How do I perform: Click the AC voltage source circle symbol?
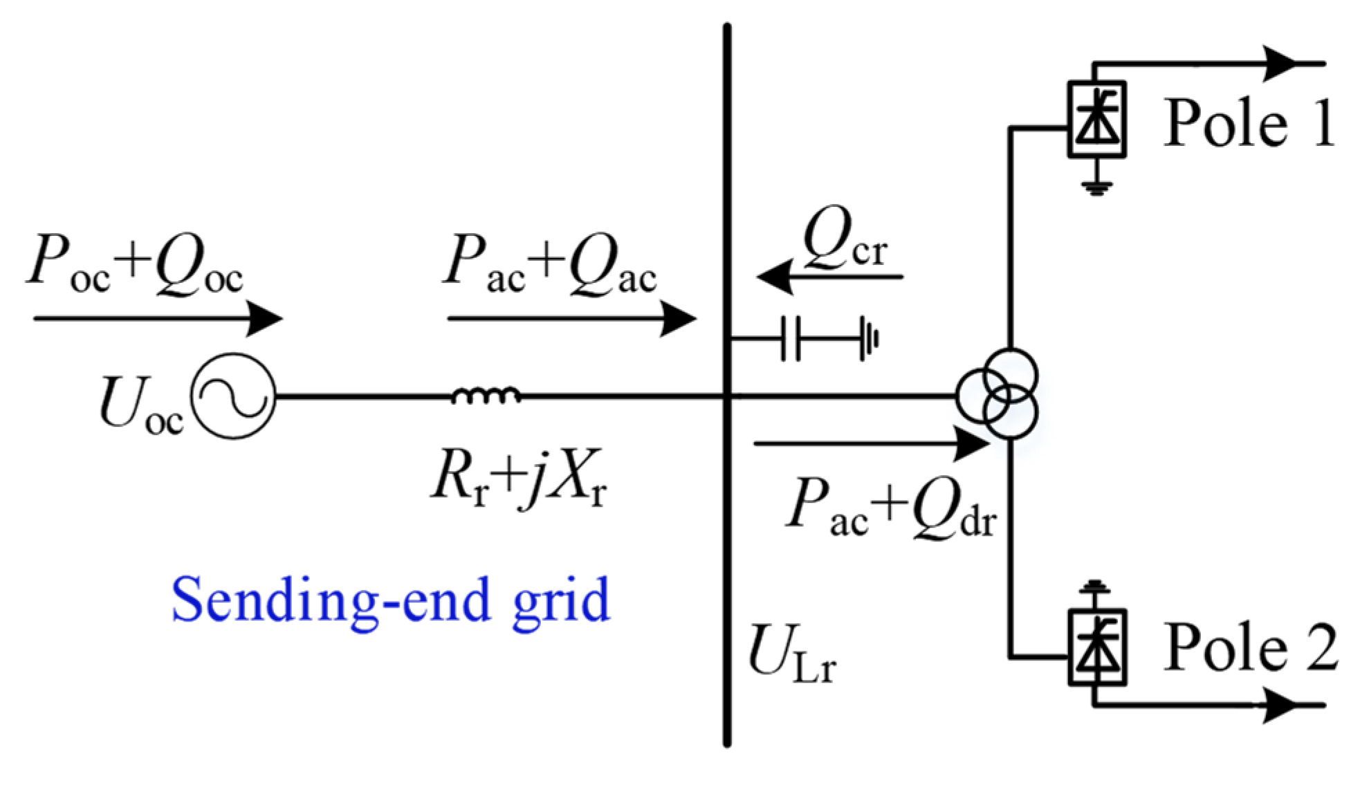233,396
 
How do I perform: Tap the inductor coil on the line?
486,395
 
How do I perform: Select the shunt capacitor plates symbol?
791,338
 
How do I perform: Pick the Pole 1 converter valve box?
1097,120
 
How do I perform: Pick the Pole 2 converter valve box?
1097,647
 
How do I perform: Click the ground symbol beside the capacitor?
870,338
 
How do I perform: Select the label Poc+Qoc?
135,266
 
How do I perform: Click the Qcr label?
845,239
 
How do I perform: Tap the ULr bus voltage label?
792,653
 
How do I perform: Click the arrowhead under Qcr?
773,277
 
